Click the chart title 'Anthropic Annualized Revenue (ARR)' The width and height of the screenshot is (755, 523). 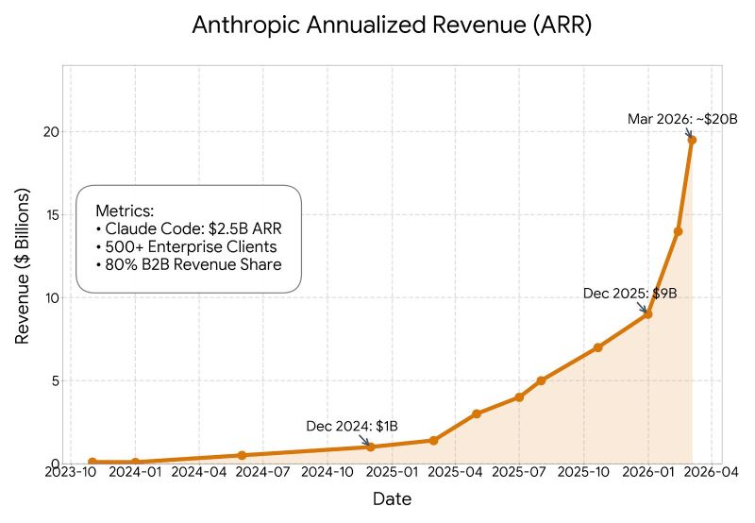[x=392, y=25]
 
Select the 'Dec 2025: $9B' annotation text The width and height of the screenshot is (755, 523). [x=629, y=294]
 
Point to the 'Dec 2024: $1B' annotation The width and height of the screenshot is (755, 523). [x=352, y=426]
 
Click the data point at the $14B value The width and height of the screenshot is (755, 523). [x=678, y=231]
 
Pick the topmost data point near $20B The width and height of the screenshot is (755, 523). [x=692, y=140]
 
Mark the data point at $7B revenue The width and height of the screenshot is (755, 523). [x=598, y=347]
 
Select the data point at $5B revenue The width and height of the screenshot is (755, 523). [x=541, y=380]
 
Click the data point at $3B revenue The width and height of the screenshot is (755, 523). [x=477, y=413]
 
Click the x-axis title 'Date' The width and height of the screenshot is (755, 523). [x=392, y=498]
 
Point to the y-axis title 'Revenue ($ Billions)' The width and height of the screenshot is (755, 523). [x=23, y=265]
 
